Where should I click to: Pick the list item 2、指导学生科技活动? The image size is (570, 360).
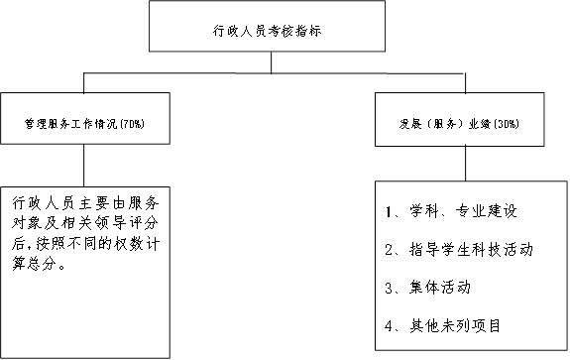click(458, 250)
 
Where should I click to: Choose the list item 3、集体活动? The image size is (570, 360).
click(426, 288)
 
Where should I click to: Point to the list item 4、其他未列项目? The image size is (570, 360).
click(442, 325)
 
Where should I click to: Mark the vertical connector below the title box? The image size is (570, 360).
click(272, 62)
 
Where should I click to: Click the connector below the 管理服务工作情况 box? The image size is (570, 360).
click(83, 163)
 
